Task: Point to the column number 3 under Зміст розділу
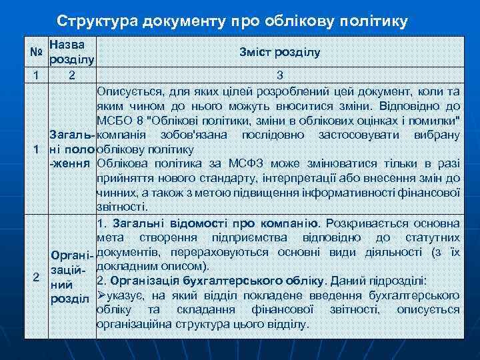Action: click(x=279, y=75)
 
